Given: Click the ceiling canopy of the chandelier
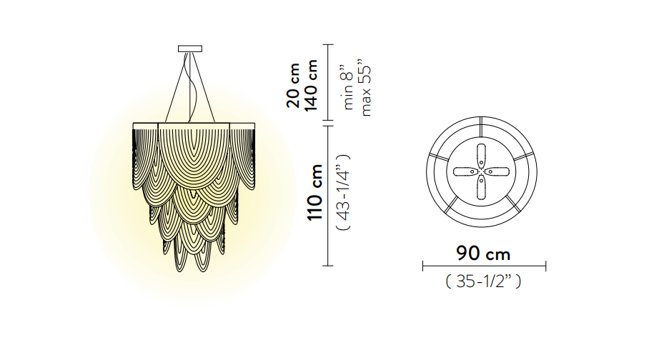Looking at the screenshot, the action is pyautogui.click(x=190, y=49).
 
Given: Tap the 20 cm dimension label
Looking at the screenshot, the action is pyautogui.click(x=293, y=86).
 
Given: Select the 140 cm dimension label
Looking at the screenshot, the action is pyautogui.click(x=310, y=86).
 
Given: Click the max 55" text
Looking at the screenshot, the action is pyautogui.click(x=365, y=91).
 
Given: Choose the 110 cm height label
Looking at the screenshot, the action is pyautogui.click(x=315, y=192).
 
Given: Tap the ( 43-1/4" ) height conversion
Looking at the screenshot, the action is pyautogui.click(x=343, y=192).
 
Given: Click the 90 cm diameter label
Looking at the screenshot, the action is pyautogui.click(x=483, y=254).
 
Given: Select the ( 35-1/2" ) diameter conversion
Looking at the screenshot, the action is pyautogui.click(x=483, y=281).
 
